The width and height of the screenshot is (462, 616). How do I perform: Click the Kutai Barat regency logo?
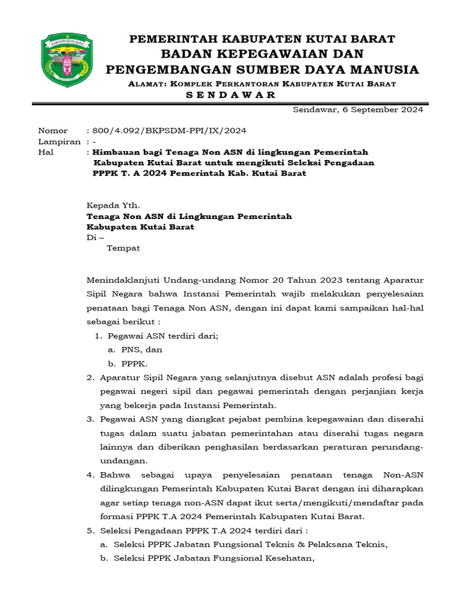[67, 60]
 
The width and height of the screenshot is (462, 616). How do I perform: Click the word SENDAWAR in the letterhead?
[229, 95]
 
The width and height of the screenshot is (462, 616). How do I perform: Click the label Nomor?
[53, 131]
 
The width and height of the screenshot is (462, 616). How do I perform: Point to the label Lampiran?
[59, 141]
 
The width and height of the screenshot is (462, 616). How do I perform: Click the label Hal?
[46, 152]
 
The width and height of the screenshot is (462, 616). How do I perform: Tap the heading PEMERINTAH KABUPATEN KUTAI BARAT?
[263, 39]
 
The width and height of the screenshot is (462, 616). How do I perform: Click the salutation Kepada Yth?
[113, 205]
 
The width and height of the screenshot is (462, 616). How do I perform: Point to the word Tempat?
[123, 248]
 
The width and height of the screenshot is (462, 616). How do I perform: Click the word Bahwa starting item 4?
[114, 475]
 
